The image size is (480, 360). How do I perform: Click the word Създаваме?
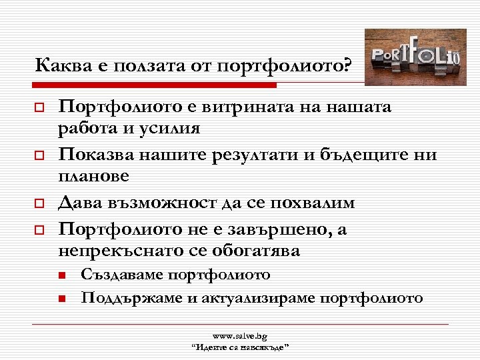(121, 275)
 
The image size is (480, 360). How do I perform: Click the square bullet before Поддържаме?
(60, 299)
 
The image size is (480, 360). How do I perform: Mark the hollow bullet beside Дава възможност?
(39, 203)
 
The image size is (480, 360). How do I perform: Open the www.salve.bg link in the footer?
(239, 337)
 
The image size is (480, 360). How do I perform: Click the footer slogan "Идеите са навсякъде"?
(239, 347)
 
